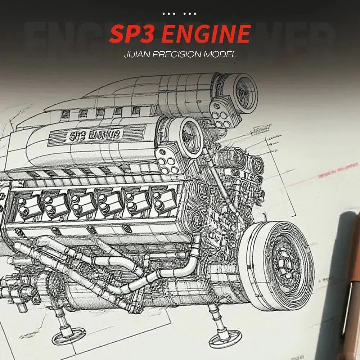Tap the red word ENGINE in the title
[x=207, y=34]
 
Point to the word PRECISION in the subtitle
[x=179, y=55]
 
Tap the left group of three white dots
[x=168, y=14]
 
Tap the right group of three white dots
[x=190, y=14]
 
